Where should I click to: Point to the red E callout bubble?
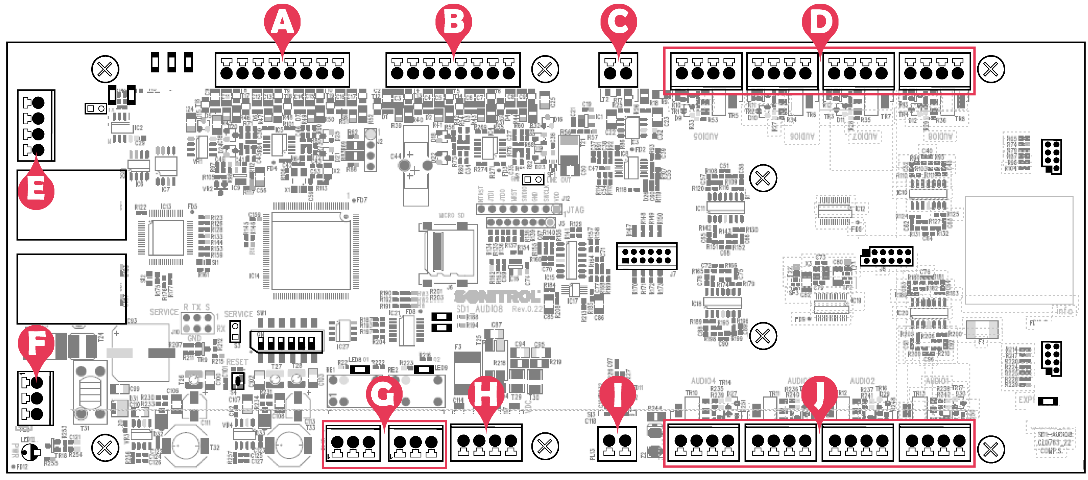(x=36, y=189)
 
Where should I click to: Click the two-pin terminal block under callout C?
(x=618, y=70)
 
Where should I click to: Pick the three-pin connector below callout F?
(x=35, y=398)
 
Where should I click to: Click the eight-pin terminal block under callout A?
(x=282, y=70)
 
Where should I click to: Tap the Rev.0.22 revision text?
(x=527, y=309)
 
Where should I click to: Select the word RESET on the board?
(x=237, y=362)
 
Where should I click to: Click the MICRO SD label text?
(x=451, y=216)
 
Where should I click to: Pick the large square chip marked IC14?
(x=311, y=252)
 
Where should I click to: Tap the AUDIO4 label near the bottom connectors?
(x=703, y=381)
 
